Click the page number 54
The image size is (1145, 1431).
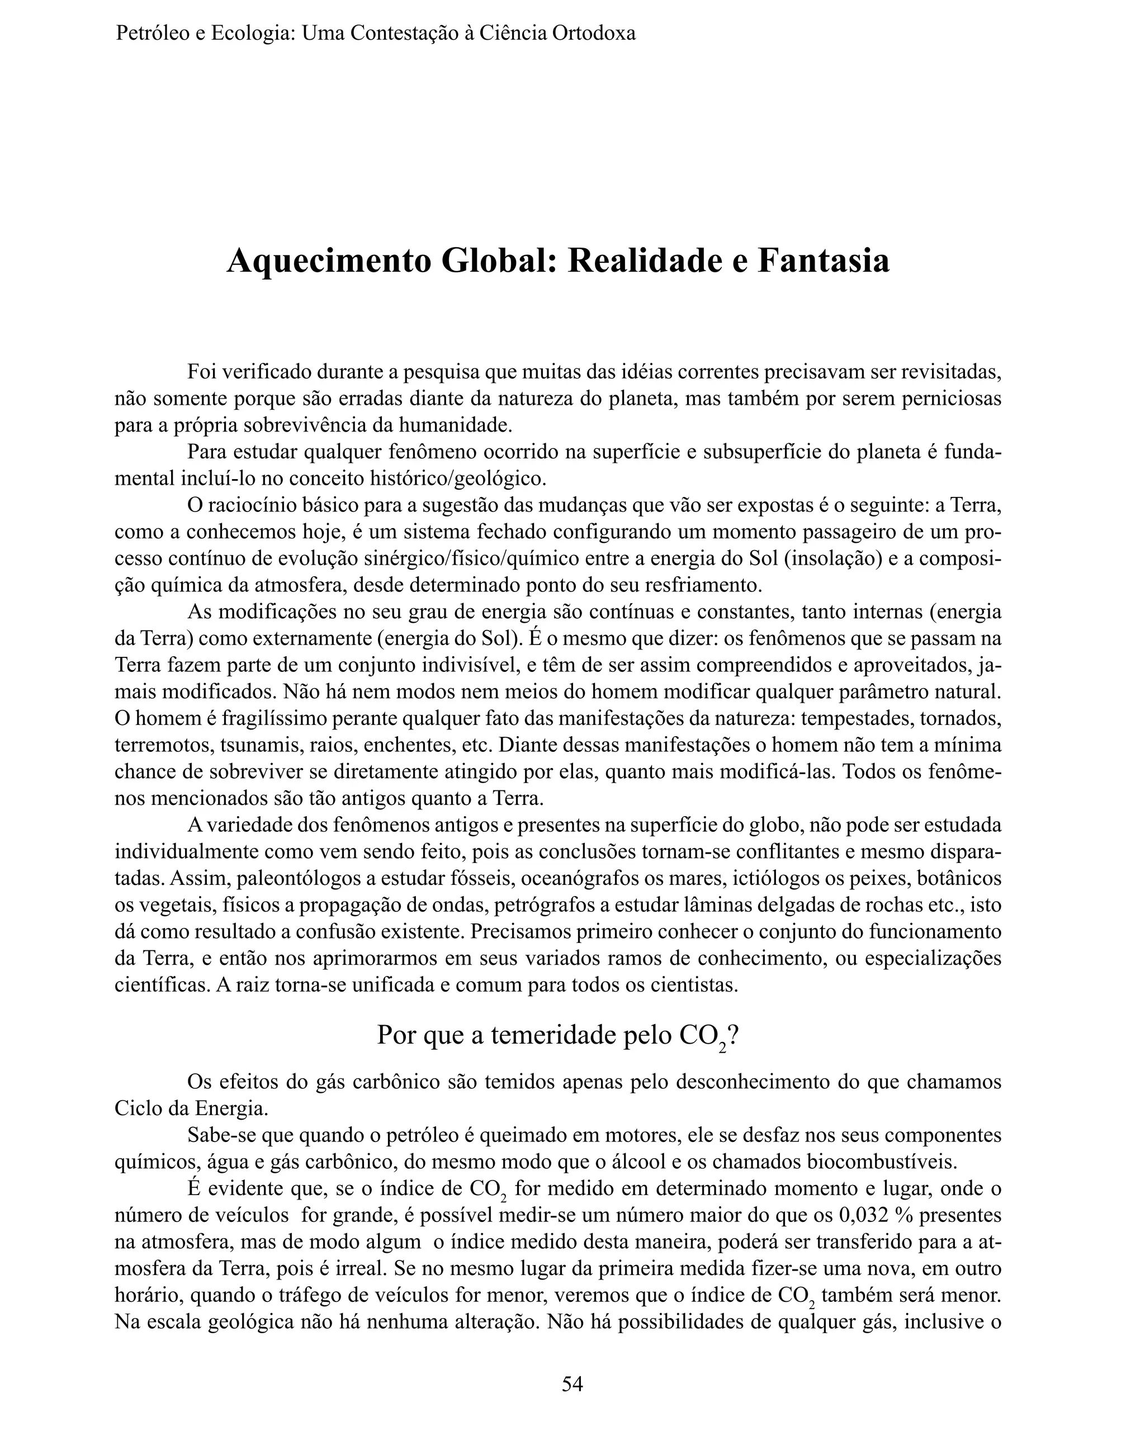(572, 1383)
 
